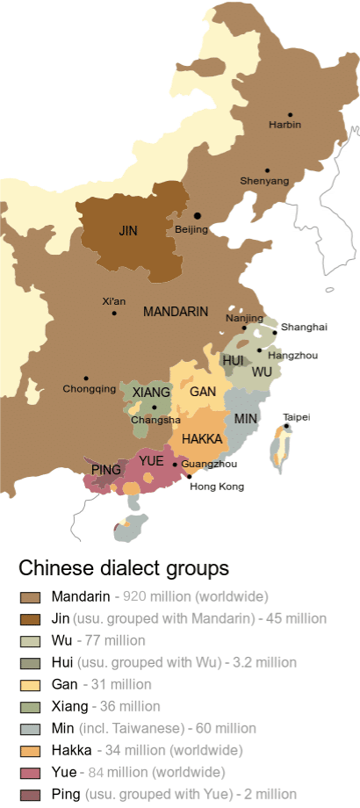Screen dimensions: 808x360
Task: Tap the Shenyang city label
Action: (x=264, y=181)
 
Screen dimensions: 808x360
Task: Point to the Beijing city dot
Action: (x=198, y=215)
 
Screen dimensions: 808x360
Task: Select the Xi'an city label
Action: (x=113, y=301)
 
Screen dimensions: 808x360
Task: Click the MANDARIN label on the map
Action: (x=176, y=312)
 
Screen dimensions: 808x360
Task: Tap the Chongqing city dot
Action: (x=86, y=378)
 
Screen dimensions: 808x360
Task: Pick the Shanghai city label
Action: (x=305, y=327)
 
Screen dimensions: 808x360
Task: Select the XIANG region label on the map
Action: (x=151, y=392)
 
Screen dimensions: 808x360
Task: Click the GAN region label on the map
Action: (x=203, y=392)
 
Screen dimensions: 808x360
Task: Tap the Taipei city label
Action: (x=297, y=416)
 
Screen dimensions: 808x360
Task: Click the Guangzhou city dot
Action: (x=176, y=464)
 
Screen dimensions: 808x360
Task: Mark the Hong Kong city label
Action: (x=217, y=486)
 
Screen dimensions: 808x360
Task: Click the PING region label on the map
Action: (x=106, y=470)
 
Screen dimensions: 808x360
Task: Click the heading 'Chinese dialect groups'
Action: (x=123, y=567)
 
